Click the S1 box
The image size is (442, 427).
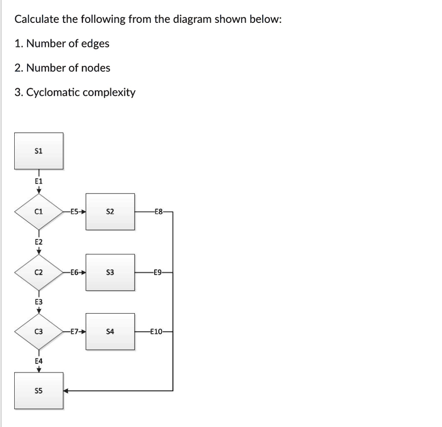point(39,151)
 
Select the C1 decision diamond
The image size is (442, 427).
point(39,212)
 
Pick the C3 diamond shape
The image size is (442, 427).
point(39,332)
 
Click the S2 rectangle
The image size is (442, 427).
point(110,212)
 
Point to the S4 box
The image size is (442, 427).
point(110,332)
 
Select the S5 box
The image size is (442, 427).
point(39,391)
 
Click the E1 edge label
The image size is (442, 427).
point(39,181)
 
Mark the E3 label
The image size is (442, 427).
point(39,302)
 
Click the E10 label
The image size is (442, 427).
point(157,332)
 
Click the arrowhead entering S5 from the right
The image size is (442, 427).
point(66,391)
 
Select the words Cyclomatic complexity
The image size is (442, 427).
point(81,92)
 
